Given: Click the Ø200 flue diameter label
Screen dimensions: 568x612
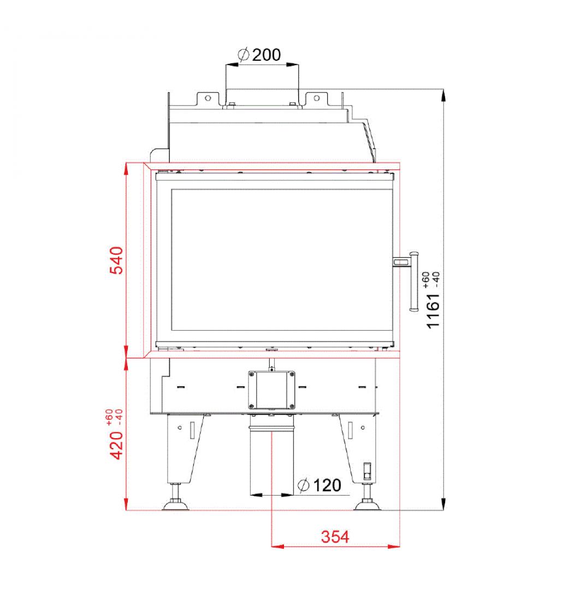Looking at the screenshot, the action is [259, 55].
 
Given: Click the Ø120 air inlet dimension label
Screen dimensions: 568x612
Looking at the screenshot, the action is [319, 485].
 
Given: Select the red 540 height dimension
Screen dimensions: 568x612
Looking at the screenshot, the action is [116, 260].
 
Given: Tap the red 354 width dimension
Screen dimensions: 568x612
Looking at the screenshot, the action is [335, 537].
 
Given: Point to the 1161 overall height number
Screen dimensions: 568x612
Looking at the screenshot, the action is [433, 311].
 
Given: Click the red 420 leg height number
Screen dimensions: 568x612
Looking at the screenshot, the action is [116, 445].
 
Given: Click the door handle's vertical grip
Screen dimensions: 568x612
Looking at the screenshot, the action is [413, 281].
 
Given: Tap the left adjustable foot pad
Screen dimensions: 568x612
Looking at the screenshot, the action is [175, 506].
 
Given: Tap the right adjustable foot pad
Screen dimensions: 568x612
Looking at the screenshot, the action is [366, 506].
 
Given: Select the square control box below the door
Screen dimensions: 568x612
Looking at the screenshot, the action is [271, 390].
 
